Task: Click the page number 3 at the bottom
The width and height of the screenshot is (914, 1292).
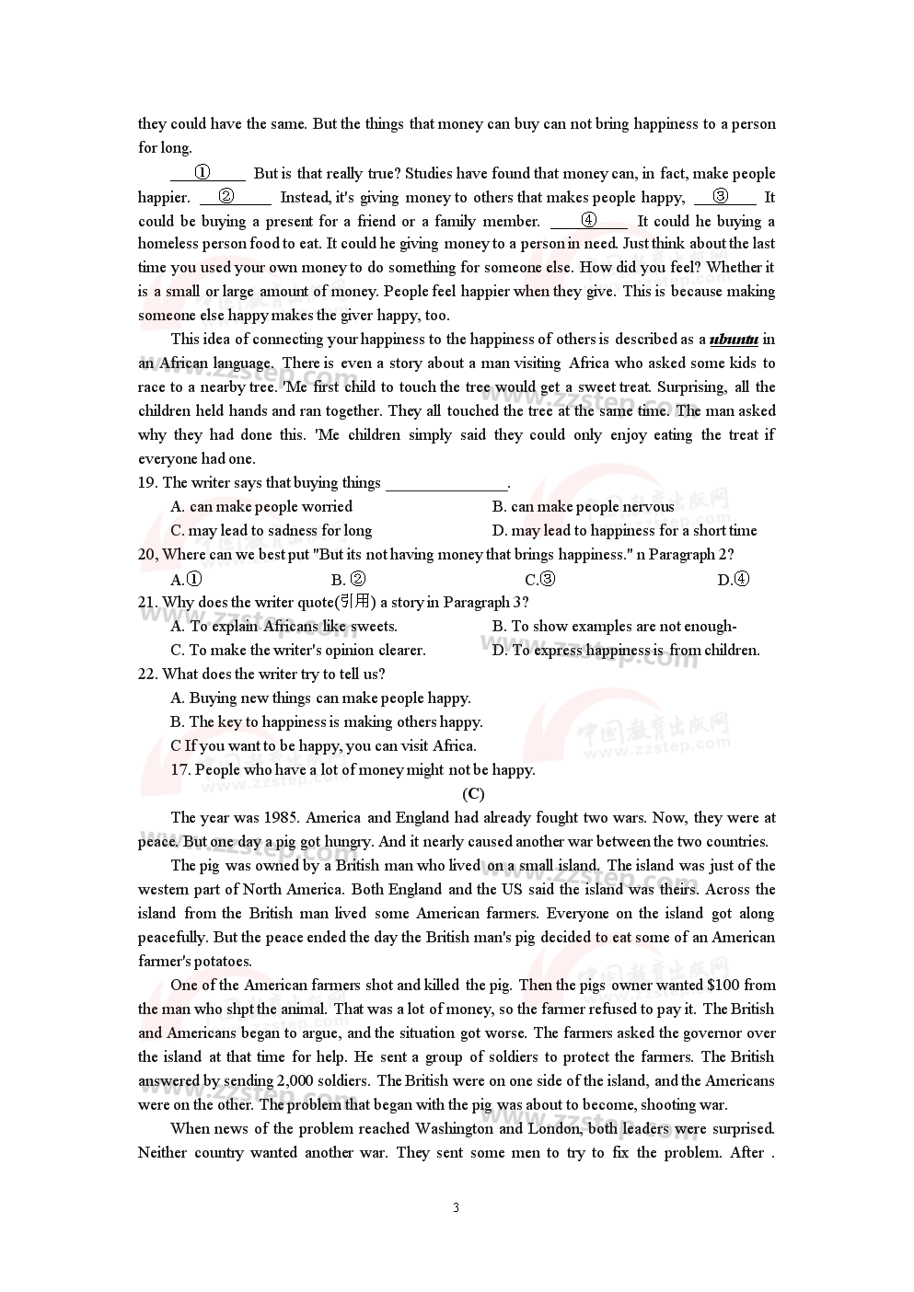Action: (x=456, y=1207)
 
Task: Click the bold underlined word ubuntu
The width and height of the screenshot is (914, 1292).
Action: (x=734, y=340)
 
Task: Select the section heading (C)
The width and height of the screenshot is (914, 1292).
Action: (x=473, y=793)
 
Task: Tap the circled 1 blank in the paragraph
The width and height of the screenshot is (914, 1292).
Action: (x=203, y=172)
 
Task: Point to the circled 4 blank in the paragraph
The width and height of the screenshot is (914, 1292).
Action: (x=589, y=220)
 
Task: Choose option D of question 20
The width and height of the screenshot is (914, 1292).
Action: (x=734, y=579)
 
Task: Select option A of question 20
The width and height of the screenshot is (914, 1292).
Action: (x=187, y=579)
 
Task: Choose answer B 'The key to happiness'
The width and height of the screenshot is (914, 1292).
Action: (x=327, y=721)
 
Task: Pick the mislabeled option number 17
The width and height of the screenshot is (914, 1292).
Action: (x=180, y=769)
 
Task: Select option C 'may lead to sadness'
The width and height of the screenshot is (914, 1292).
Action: (x=272, y=530)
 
